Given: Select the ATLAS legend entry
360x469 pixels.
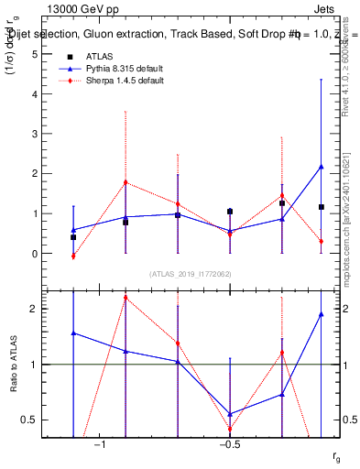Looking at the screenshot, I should tap(111, 57).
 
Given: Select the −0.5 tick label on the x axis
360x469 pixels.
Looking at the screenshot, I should tap(229, 444).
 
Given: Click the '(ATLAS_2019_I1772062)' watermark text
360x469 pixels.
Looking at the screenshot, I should tap(191, 274).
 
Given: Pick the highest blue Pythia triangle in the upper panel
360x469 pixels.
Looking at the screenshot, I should tap(321, 167).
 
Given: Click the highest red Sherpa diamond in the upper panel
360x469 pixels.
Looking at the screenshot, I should tap(125, 182).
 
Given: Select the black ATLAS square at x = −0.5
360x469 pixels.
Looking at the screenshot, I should tap(230, 212).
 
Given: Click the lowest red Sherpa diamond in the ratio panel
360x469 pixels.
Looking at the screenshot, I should tap(230, 429).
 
